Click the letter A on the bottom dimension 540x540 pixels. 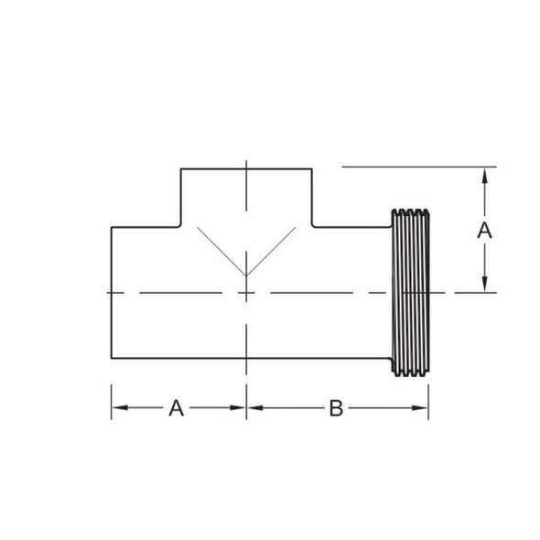click(x=176, y=408)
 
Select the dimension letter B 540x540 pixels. click(x=336, y=408)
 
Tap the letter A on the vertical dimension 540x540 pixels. click(x=485, y=230)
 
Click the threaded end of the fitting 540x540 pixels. click(x=410, y=292)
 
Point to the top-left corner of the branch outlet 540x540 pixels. click(x=180, y=168)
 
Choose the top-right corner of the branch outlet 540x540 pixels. click(x=313, y=168)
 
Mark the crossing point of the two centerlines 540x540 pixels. click(x=246, y=293)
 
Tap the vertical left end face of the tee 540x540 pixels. click(x=112, y=293)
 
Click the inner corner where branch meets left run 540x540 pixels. click(x=180, y=227)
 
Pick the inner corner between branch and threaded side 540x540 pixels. click(x=313, y=227)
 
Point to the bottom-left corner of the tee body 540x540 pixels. click(x=112, y=359)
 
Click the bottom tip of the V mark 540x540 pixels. click(x=246, y=275)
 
